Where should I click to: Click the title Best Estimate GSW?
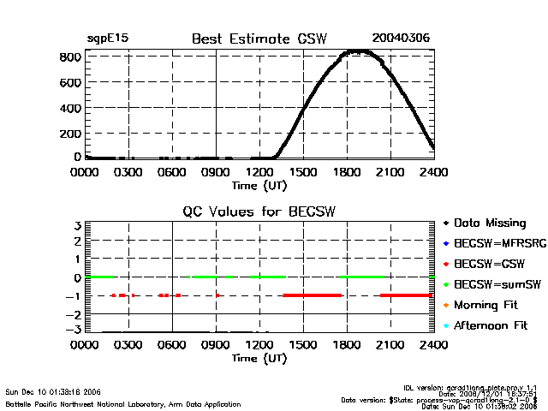coord(259,39)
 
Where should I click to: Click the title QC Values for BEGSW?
coord(259,212)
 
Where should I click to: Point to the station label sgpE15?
coord(106,39)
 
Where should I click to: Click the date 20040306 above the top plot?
coord(401,39)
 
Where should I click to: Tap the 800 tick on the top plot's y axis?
coord(71,57)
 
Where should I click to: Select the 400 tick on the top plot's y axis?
coord(71,108)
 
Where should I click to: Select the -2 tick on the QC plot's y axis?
coord(74,313)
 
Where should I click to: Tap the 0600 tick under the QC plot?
coord(172,345)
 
